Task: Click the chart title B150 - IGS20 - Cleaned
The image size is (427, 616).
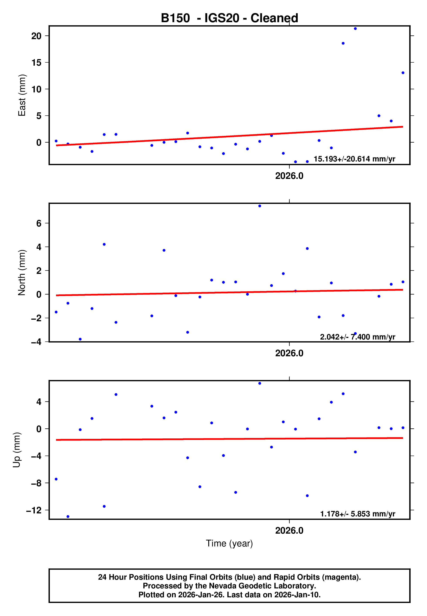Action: tap(229, 18)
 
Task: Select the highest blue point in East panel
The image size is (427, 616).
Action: tap(355, 28)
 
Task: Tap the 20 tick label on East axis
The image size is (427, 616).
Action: tap(36, 36)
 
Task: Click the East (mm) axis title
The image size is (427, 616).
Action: tap(22, 95)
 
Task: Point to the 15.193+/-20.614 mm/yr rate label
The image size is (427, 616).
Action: tap(354, 159)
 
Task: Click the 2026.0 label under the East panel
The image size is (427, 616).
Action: tap(289, 176)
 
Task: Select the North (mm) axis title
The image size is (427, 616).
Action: tap(22, 273)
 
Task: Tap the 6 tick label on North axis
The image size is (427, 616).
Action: tap(39, 223)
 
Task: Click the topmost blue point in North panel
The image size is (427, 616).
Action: tap(259, 206)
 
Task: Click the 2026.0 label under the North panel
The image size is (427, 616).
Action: tap(289, 353)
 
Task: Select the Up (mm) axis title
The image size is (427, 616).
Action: tap(17, 450)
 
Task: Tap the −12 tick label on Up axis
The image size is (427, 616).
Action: tap(34, 510)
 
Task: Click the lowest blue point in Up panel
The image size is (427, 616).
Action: tap(68, 517)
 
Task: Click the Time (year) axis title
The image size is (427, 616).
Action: tap(229, 543)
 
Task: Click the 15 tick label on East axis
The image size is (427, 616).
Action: tap(36, 63)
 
